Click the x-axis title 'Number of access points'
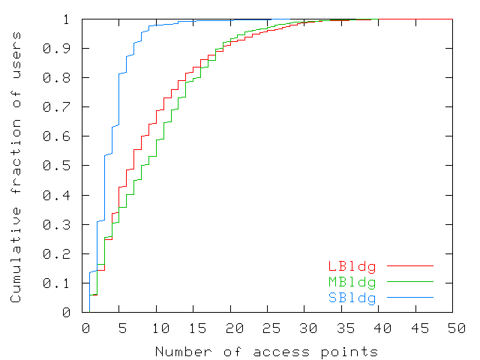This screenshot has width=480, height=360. coord(266,351)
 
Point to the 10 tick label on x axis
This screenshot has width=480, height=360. coord(160,329)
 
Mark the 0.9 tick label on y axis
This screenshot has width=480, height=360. coord(65,49)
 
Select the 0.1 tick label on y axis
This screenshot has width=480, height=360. coord(65,283)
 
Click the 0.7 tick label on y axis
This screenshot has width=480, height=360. coord(65,107)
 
